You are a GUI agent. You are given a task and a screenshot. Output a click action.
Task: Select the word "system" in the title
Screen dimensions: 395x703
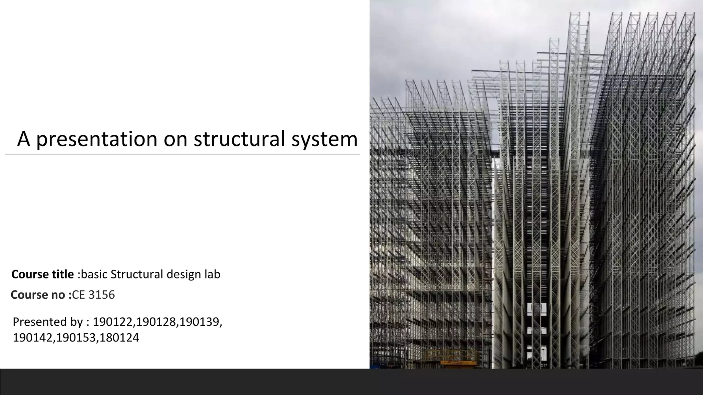click(324, 139)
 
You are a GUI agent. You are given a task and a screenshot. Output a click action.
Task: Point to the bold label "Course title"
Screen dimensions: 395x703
click(43, 274)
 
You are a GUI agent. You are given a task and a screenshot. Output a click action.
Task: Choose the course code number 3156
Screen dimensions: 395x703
click(102, 295)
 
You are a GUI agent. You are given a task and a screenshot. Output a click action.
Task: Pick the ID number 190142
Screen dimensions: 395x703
click(33, 338)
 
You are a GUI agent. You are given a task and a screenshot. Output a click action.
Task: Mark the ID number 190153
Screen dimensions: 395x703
click(77, 338)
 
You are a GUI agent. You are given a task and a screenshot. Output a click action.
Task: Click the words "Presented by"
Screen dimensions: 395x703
click(48, 322)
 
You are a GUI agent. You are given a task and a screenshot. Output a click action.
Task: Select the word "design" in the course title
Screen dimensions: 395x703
click(184, 274)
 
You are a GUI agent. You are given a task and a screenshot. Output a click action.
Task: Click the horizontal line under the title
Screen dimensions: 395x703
click(182, 155)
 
